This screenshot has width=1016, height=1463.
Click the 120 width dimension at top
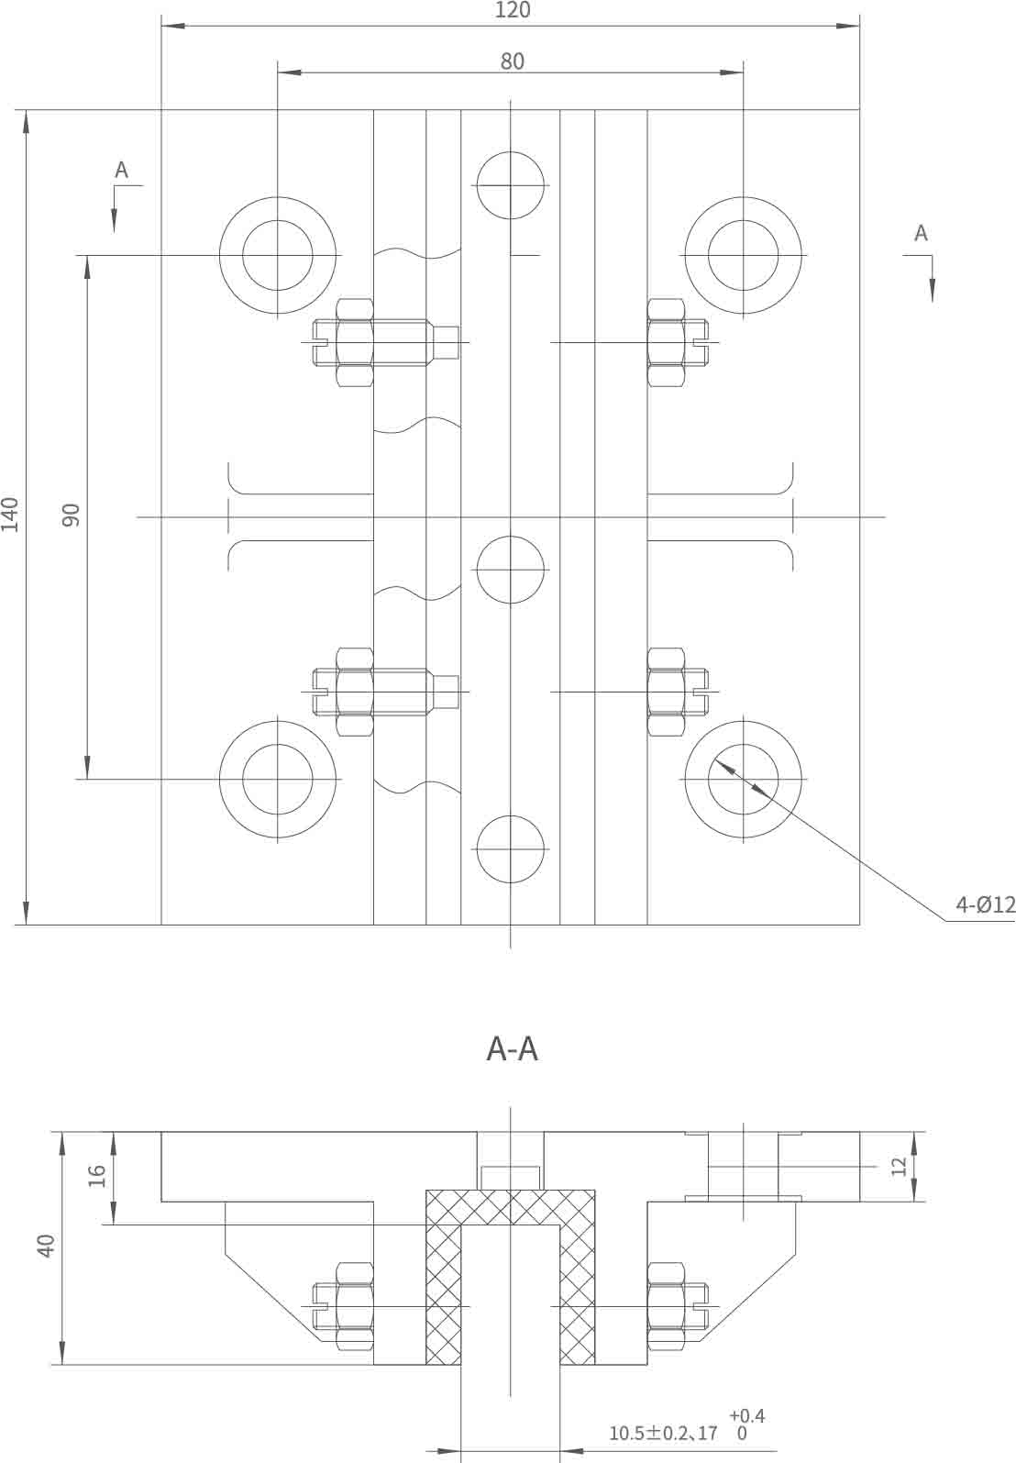(x=512, y=11)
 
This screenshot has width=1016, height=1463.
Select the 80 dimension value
(x=512, y=61)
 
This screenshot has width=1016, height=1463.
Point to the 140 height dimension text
(x=11, y=515)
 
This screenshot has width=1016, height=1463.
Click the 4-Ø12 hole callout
(x=985, y=905)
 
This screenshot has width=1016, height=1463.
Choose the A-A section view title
(x=512, y=1048)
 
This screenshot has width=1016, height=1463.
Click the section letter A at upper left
(x=121, y=171)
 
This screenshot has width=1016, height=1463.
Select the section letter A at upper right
(x=921, y=234)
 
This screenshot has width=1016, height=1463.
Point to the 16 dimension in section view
(x=97, y=1175)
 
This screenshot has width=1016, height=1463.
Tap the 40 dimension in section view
(x=47, y=1246)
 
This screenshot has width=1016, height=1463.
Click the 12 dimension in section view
(x=899, y=1166)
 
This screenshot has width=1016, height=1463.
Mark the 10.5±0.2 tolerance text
(x=649, y=1433)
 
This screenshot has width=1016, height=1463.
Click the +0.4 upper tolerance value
(x=746, y=1417)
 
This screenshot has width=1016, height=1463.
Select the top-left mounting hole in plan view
(x=278, y=255)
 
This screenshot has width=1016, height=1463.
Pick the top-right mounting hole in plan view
(x=743, y=255)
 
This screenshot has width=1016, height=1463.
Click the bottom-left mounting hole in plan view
(x=278, y=779)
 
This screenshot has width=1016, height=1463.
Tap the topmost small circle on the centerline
(x=511, y=185)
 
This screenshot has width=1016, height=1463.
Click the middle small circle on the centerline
(x=511, y=570)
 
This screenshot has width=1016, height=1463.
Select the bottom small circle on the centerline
(x=511, y=848)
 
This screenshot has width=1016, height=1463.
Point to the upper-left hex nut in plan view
(x=355, y=342)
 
